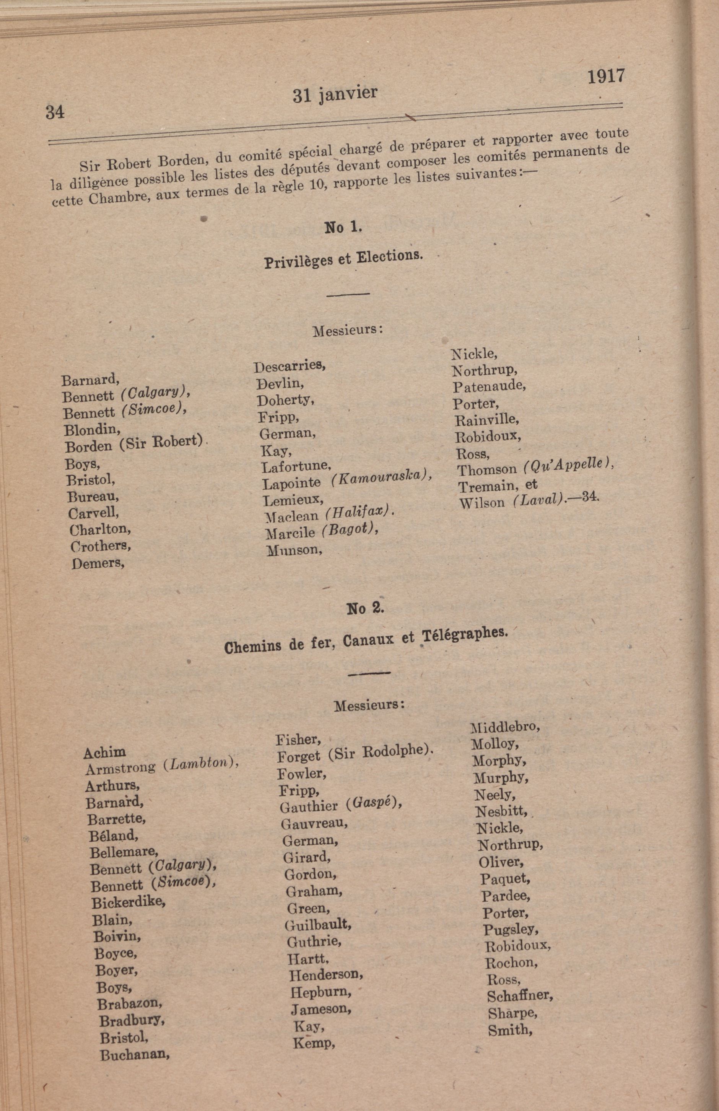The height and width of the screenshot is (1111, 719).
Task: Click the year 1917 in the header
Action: click(606, 76)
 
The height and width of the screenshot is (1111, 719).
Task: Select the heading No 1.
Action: click(343, 227)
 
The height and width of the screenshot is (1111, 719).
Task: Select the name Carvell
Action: click(93, 513)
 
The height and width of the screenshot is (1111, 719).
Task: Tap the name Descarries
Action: click(289, 366)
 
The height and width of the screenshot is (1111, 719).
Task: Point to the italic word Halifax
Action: click(358, 513)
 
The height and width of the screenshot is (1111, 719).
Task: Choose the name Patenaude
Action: click(489, 386)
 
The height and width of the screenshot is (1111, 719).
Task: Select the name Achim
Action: click(104, 752)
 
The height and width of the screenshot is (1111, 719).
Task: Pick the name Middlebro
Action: click(505, 727)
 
